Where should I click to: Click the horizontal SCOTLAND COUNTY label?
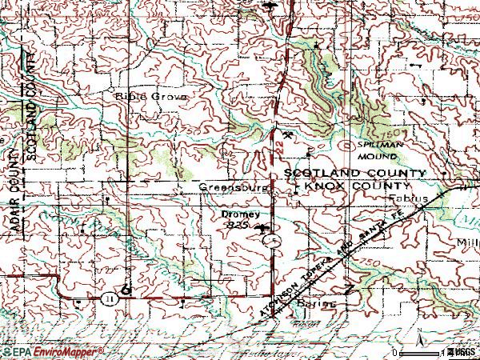356,173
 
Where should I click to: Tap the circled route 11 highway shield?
109,298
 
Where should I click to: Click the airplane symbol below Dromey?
262,228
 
